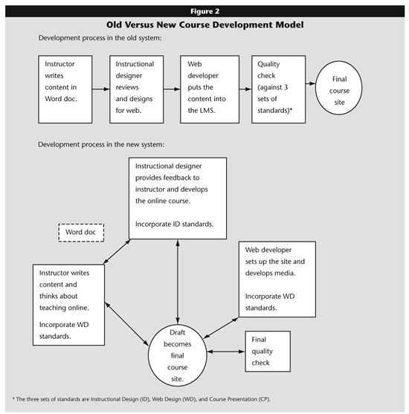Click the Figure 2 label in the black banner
pos(204,11)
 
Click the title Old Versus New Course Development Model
pos(204,25)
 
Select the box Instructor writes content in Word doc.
pos(65,89)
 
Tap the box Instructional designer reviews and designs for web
pos(137,89)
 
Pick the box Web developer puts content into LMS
pos(210,89)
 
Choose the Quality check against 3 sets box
pos(278,89)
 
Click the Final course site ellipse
pos(339,88)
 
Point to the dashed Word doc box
pos(81,233)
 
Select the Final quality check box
pos(268,351)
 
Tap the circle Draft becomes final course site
pos(177,355)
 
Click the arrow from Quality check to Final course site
pos(310,84)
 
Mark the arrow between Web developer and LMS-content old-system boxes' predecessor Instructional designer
pos(172,89)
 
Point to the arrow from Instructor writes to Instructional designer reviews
pos(101,89)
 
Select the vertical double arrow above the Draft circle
pos(178,282)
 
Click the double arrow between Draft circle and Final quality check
pos(226,352)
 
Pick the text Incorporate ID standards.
pos(174,224)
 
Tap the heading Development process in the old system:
pos(100,38)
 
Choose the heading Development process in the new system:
pos(101,144)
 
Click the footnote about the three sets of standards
pos(141,399)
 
